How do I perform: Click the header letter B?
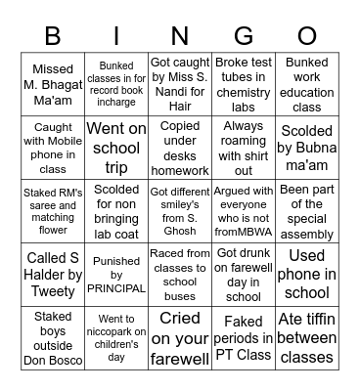(x=53, y=36)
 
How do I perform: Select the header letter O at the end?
(x=306, y=36)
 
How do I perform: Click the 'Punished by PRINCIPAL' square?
(x=116, y=274)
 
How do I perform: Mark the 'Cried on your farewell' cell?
(x=180, y=337)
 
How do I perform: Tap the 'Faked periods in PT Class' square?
(x=243, y=337)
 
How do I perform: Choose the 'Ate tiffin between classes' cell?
(x=306, y=337)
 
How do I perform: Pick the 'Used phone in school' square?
(x=306, y=274)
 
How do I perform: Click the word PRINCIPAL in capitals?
(x=116, y=289)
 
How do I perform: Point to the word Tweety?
(x=53, y=289)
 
